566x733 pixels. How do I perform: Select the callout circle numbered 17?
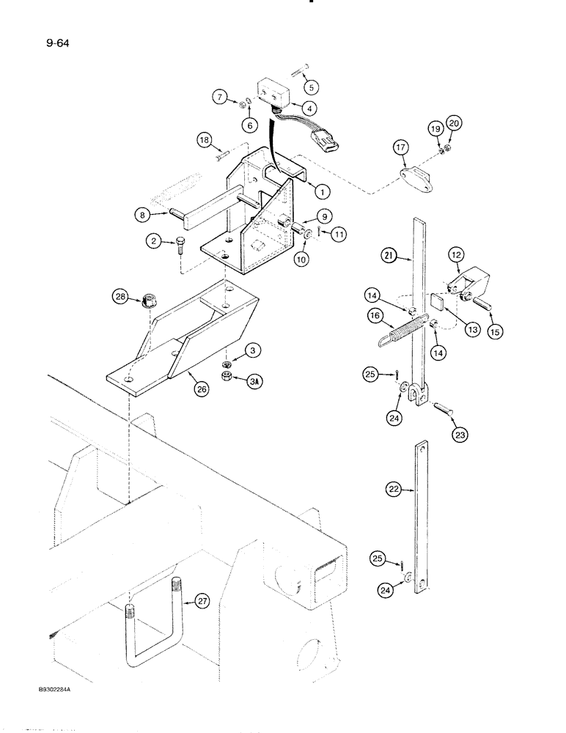pos(400,148)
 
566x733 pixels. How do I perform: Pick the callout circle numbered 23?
pos(459,433)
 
